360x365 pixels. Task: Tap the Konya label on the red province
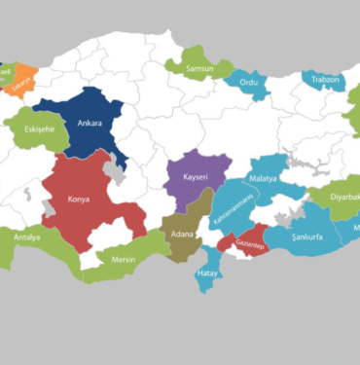pyautogui.click(x=80, y=200)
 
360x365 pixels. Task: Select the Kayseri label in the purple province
pyautogui.click(x=189, y=179)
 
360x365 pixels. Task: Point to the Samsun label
pyautogui.click(x=198, y=67)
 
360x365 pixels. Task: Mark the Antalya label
pyautogui.click(x=27, y=237)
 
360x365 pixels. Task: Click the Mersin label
pyautogui.click(x=123, y=260)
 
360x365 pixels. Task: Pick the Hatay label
pyautogui.click(x=207, y=274)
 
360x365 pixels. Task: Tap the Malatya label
pyautogui.click(x=263, y=179)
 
